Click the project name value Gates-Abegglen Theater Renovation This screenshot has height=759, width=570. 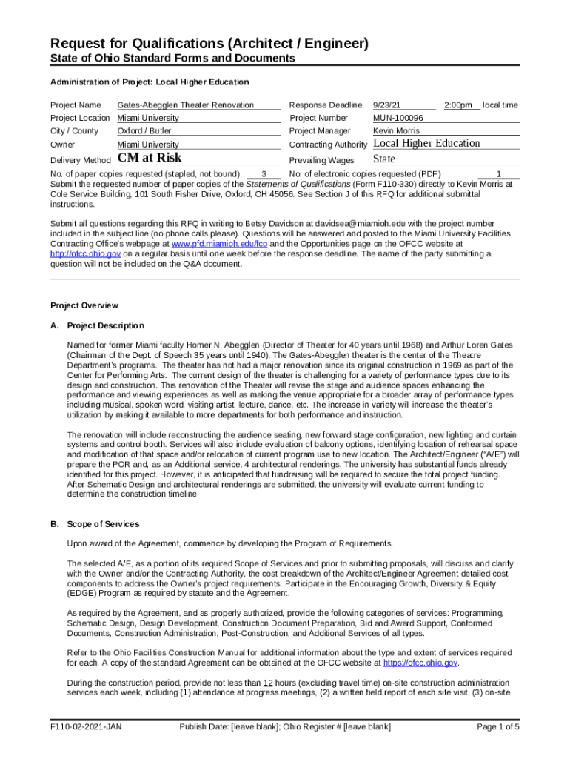click(185, 105)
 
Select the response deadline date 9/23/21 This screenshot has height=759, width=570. click(387, 105)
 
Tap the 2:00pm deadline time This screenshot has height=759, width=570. click(458, 105)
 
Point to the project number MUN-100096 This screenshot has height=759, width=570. click(398, 118)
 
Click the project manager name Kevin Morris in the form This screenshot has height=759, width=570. click(396, 131)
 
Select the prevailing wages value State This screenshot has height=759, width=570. click(384, 159)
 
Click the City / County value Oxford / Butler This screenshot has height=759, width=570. click(144, 131)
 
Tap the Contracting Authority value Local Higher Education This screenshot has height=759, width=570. click(426, 143)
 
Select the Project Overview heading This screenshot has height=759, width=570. click(84, 305)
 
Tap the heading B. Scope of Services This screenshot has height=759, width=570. click(94, 524)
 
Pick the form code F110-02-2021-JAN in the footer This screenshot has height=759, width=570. click(86, 727)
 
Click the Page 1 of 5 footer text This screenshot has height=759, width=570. click(498, 727)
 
